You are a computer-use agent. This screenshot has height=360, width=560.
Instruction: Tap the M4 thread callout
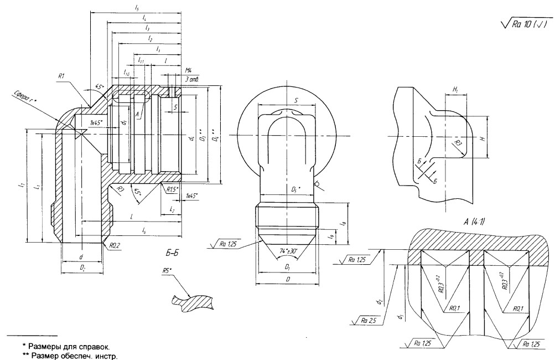click(x=188, y=72)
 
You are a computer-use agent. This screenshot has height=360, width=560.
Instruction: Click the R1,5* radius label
click(x=173, y=188)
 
